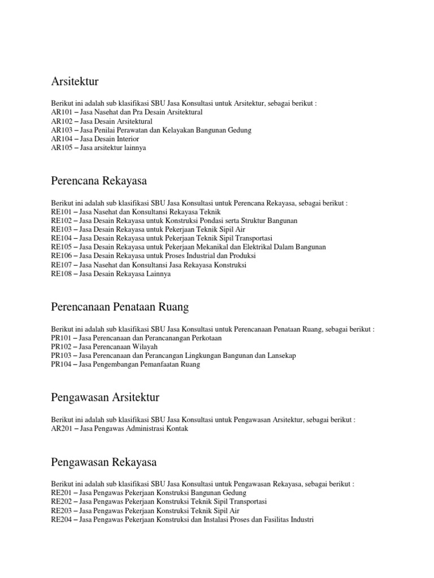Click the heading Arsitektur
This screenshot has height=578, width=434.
(75, 82)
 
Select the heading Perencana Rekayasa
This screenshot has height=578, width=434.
(98, 181)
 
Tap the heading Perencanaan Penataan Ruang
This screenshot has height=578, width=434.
(120, 306)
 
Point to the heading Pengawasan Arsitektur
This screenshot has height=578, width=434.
(105, 397)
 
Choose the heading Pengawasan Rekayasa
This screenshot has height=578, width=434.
(103, 462)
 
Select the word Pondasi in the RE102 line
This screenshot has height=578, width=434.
(216, 220)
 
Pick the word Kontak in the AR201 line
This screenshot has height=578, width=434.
(176, 428)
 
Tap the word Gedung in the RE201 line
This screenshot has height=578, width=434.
(234, 493)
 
